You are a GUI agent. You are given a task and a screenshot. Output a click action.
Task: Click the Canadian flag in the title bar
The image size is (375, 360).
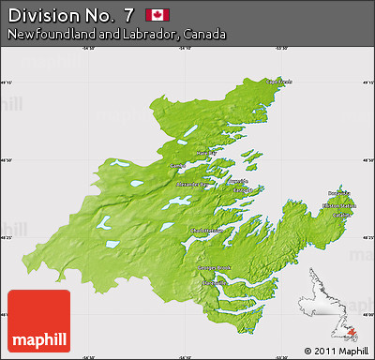tap(156, 14)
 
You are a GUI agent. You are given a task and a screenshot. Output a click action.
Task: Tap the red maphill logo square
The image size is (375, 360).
tap(38, 321)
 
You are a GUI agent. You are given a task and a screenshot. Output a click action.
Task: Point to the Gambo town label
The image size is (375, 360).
tap(176, 165)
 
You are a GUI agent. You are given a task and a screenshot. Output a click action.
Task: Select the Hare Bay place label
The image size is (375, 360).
tap(205, 151)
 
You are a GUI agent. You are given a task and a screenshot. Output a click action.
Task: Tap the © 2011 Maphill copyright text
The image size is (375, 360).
tap(337, 351)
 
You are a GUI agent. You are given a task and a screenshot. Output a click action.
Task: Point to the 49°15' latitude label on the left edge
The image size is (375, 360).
tap(8, 82)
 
